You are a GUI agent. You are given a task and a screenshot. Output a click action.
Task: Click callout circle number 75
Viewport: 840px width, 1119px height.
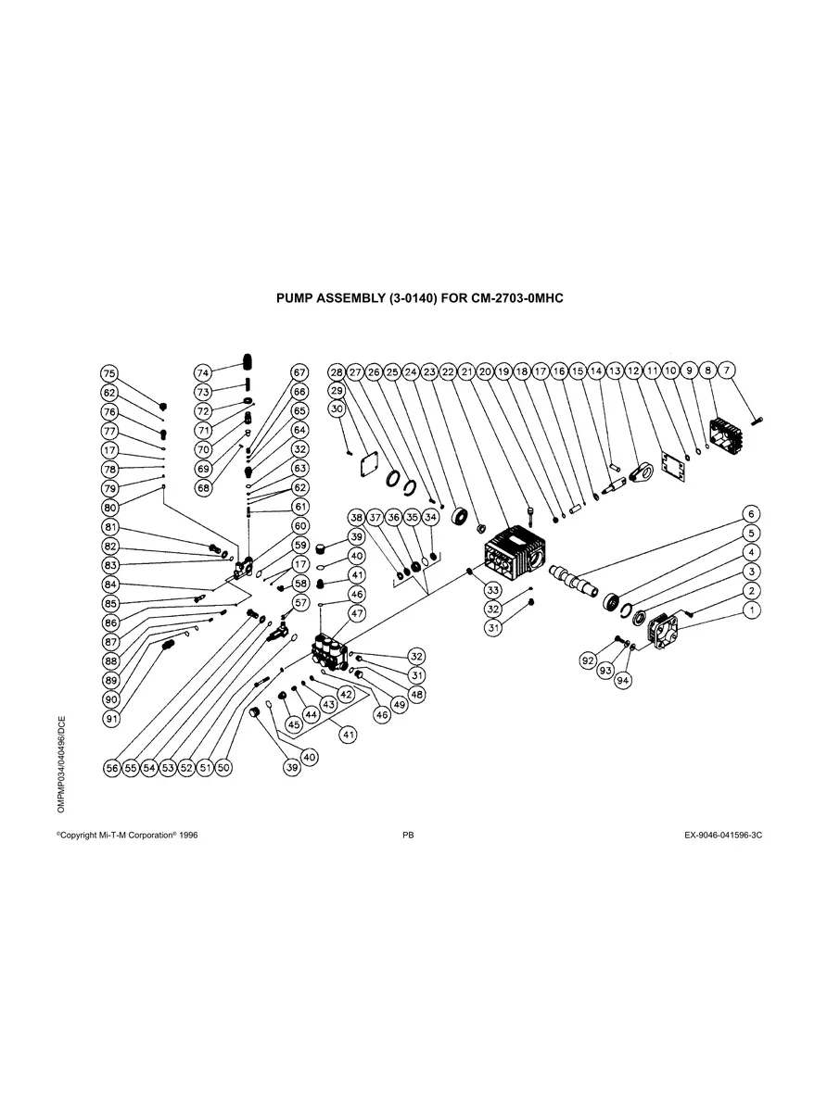tap(109, 373)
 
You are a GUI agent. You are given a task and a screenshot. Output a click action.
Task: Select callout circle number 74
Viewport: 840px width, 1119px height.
tap(204, 372)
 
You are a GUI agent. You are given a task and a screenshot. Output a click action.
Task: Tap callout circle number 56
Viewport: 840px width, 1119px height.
tap(112, 768)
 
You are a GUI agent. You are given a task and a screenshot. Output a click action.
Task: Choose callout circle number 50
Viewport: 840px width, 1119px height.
tap(223, 768)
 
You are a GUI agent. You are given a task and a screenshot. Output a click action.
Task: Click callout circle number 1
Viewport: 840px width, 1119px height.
tap(753, 610)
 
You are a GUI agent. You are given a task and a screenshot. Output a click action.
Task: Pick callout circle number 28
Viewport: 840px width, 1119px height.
tap(337, 371)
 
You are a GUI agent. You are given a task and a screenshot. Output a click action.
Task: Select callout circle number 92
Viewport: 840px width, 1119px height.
tap(587, 660)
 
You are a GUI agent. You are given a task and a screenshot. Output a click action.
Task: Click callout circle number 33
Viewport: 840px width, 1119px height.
tap(493, 590)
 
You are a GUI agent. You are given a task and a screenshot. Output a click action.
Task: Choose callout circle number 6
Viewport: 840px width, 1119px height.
tap(753, 514)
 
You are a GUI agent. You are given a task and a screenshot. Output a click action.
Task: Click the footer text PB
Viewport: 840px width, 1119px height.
tap(408, 835)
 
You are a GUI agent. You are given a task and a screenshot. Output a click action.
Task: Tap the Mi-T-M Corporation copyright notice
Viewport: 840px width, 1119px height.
tap(127, 835)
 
